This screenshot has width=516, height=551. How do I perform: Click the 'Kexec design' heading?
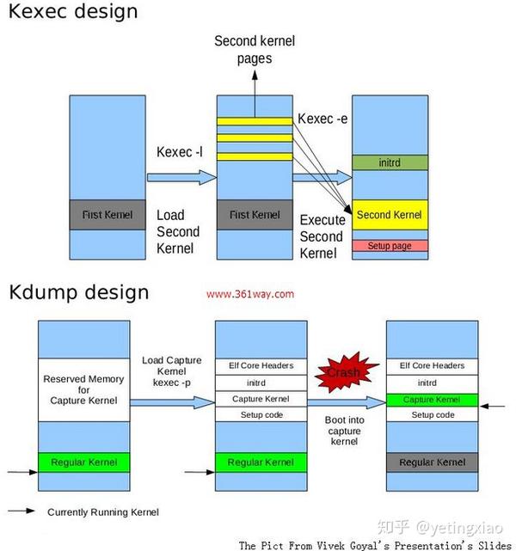pos(72,13)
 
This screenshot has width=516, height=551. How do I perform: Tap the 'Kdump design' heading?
pos(79,292)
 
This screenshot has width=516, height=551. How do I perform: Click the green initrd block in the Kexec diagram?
pos(390,162)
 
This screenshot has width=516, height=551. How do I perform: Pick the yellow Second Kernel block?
pos(390,215)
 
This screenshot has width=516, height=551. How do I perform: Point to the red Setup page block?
pos(390,246)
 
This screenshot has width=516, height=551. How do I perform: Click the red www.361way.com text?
pos(250,293)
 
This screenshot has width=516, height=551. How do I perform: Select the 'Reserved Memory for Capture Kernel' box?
pos(83,389)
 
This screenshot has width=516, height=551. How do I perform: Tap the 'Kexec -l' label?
pos(180,152)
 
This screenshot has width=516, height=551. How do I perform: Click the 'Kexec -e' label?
pos(322,118)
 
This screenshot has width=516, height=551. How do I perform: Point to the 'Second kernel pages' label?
pos(254,50)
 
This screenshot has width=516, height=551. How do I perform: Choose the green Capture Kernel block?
pos(431,400)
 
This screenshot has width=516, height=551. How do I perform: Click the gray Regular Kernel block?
pos(431,462)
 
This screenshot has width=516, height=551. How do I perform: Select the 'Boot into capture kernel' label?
pos(344,431)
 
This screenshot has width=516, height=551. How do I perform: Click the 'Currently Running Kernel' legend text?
pos(103,512)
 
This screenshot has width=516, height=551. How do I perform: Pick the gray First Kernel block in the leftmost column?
pos(107,215)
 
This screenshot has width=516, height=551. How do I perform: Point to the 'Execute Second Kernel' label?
pos(322,236)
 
